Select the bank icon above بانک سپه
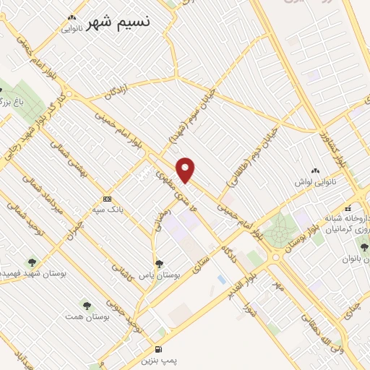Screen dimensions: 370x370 pos(107,199)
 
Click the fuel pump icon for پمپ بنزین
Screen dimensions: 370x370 pos(158,348)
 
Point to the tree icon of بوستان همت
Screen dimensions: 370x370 pos(87,306)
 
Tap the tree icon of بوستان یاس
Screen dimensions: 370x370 pos(159,264)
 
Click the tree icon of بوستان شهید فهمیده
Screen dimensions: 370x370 pos(32,262)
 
